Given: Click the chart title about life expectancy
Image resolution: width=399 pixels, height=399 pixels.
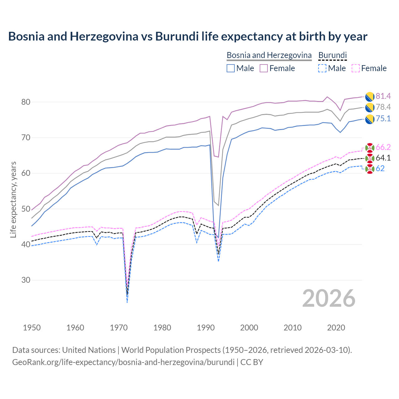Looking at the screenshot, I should [188, 36].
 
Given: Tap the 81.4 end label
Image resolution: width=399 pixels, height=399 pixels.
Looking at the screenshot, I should [383, 96].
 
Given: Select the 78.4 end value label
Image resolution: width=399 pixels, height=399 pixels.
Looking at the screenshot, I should [383, 107].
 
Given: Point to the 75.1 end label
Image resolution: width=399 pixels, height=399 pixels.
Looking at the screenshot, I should [383, 119].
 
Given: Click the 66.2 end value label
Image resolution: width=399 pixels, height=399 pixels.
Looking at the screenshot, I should [383, 147].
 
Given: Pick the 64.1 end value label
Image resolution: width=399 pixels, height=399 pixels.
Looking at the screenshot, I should [383, 158].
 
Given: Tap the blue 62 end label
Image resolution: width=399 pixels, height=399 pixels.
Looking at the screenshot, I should [380, 169].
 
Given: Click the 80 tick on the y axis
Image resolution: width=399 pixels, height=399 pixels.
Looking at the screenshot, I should [26, 102].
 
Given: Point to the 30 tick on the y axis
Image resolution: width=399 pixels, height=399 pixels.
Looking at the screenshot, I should [26, 280].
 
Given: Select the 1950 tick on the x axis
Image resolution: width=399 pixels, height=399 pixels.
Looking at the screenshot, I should [32, 328].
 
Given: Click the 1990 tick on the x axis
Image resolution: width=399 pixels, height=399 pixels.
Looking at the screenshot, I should [206, 328].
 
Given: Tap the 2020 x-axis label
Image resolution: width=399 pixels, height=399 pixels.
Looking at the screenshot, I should [336, 328].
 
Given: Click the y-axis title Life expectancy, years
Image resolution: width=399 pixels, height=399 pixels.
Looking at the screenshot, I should [13, 199].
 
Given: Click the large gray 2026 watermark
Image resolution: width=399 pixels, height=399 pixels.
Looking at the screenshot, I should [329, 298].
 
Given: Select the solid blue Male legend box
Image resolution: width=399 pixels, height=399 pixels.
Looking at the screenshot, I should [231, 68].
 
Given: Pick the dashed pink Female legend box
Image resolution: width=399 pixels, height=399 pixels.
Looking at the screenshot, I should [356, 68].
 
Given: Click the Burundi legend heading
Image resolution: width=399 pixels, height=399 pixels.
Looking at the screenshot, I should [332, 55].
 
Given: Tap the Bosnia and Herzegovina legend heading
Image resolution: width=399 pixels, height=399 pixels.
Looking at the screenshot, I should [269, 55].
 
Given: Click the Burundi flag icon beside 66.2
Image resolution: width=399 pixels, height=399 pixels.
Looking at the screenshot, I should [370, 147].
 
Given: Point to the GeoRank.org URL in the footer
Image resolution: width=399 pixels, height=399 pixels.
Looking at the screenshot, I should [123, 362].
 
